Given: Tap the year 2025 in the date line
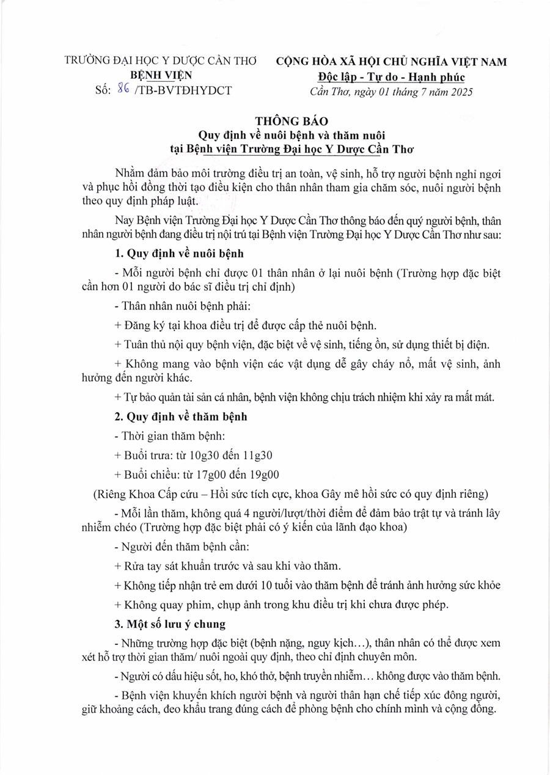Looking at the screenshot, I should tap(459, 92).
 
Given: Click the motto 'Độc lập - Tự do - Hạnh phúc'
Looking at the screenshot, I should tap(391, 77).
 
